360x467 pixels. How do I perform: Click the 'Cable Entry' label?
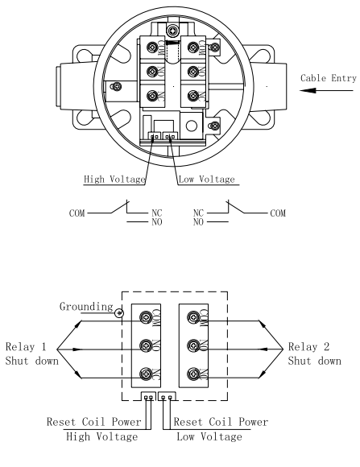coord(329,78)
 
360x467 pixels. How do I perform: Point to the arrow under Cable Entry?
coord(326,90)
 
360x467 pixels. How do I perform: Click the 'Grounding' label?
coord(86,307)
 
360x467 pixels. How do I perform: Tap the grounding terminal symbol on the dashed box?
coord(119,313)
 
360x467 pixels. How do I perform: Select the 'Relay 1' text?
coord(26,347)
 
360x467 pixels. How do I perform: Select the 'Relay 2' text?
coord(308,347)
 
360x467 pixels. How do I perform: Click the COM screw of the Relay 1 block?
coord(146,317)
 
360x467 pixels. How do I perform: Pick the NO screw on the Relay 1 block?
coord(146,345)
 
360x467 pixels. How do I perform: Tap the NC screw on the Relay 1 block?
coord(146,374)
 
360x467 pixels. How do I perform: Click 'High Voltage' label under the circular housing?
coord(114,180)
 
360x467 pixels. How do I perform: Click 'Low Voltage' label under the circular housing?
coord(207,180)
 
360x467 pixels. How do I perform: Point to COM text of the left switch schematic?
coord(77,213)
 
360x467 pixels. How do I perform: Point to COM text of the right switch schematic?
coord(278,213)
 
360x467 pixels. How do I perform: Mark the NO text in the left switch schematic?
coord(157,222)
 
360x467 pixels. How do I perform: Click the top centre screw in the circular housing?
coord(173,31)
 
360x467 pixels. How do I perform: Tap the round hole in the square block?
coord(192,126)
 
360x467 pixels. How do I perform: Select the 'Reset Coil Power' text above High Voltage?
coord(93,422)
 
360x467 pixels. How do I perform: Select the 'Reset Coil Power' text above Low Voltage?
coord(221,422)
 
